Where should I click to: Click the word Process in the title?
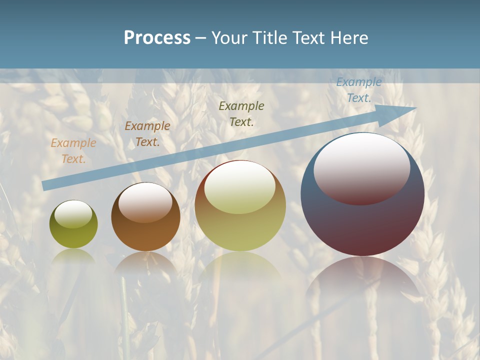(157, 38)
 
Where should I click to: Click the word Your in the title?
(229, 38)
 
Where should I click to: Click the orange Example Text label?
(73, 151)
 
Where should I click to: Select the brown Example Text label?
(147, 134)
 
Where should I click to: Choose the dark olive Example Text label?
(241, 113)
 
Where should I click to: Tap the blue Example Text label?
(358, 90)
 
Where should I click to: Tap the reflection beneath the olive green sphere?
(73, 256)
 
